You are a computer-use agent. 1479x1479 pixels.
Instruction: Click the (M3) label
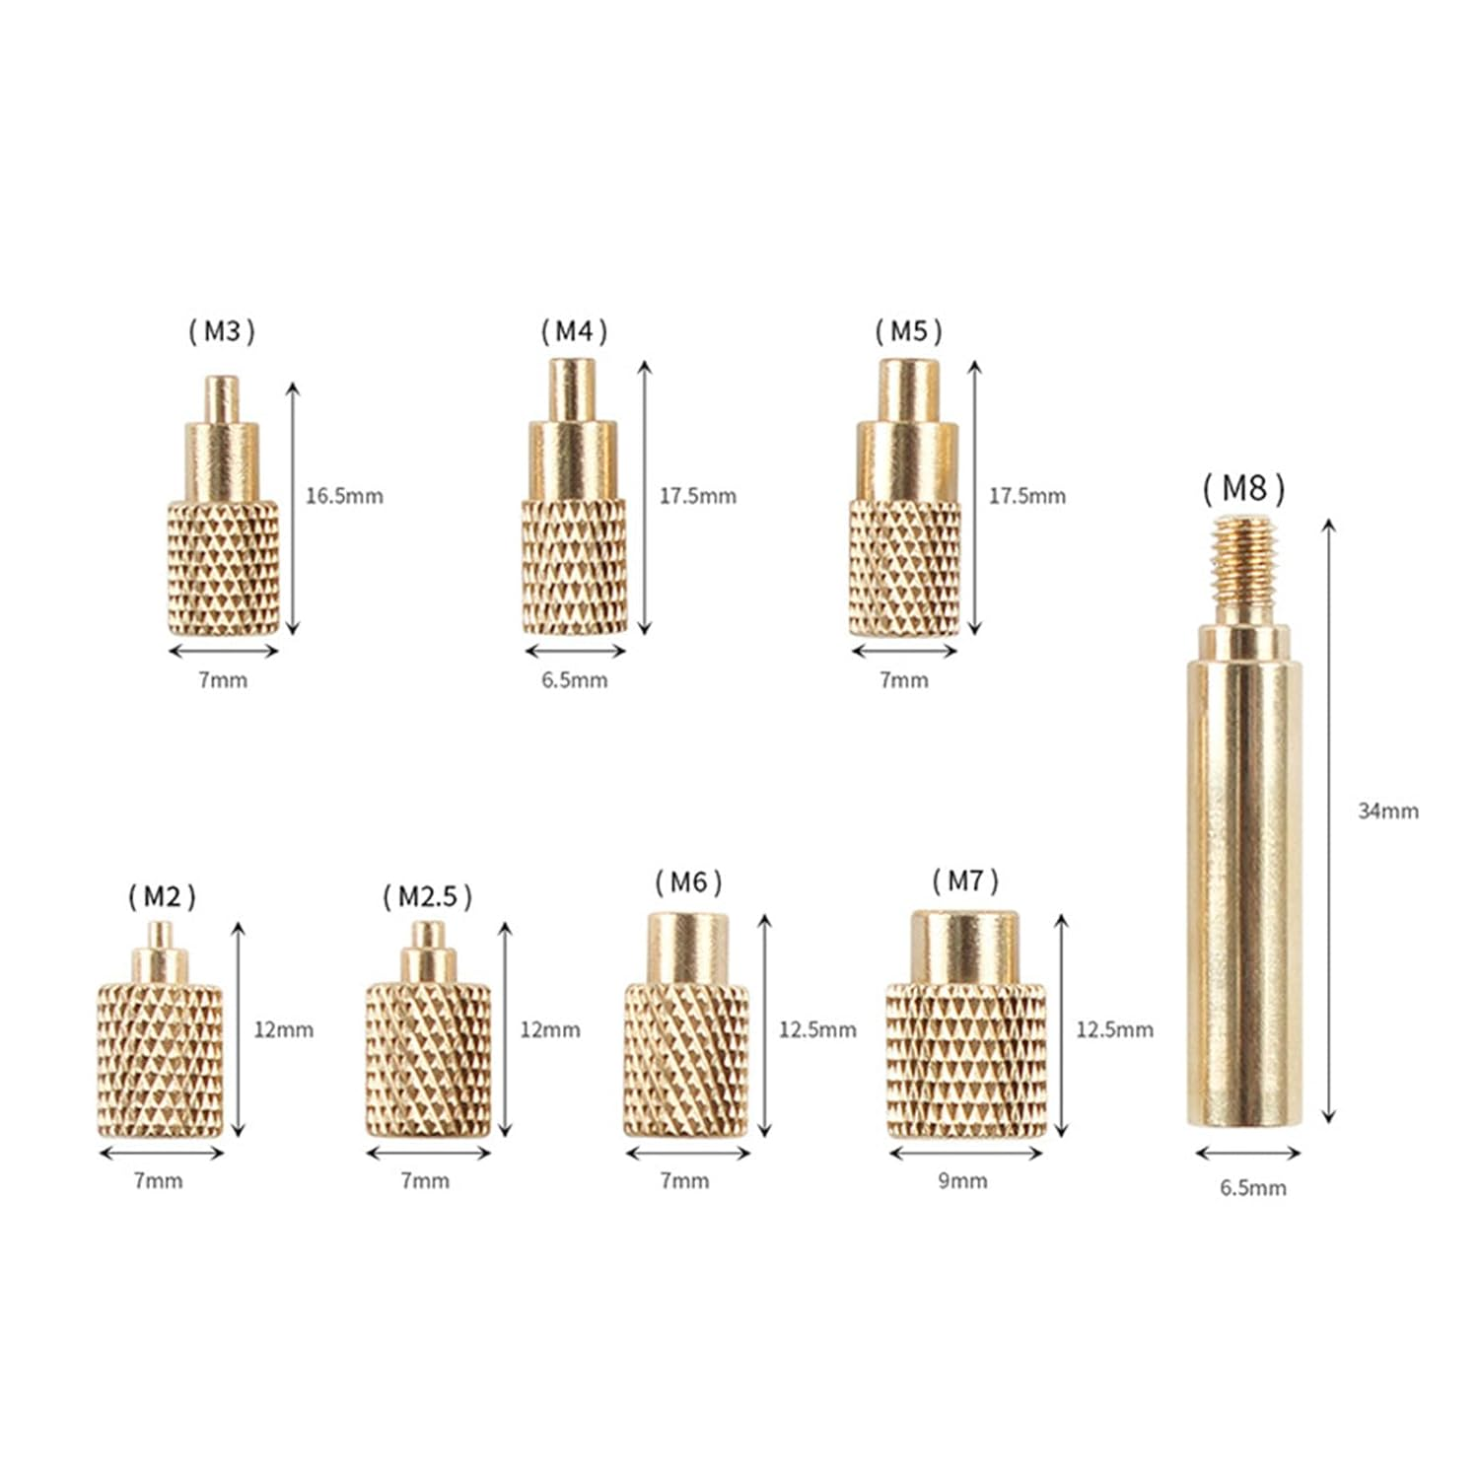click(x=222, y=331)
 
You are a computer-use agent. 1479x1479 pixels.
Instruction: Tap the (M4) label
click(x=574, y=331)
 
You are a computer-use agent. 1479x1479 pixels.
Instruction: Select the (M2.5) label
click(x=427, y=896)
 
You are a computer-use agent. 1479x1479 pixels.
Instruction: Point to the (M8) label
click(x=1243, y=488)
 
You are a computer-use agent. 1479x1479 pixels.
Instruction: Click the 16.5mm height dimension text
click(x=343, y=496)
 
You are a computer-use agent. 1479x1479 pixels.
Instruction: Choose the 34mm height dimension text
click(x=1387, y=811)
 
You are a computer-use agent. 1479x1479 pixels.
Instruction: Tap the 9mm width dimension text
click(x=962, y=1181)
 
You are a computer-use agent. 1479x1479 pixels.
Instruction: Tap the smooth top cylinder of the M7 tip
click(x=964, y=946)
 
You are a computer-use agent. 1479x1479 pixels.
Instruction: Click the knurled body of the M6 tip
click(x=686, y=1060)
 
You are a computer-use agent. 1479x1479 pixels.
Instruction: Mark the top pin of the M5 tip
click(x=908, y=389)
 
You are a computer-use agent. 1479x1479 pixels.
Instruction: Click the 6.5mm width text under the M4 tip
click(x=574, y=680)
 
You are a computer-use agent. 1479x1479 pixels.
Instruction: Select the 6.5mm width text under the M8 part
click(x=1252, y=1188)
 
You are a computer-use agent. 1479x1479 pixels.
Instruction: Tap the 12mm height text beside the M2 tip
click(x=283, y=1029)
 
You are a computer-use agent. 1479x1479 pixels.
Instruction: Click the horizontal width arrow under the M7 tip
click(x=965, y=1154)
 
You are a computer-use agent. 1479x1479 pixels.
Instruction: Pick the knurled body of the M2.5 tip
click(x=428, y=1060)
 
